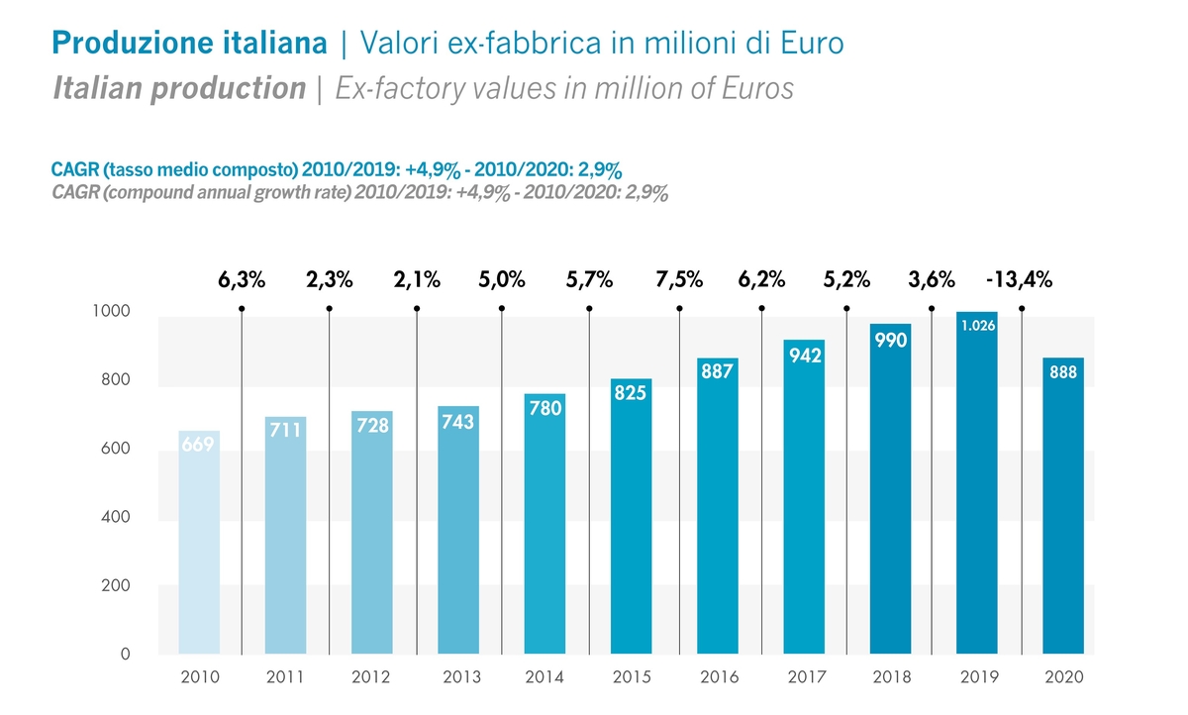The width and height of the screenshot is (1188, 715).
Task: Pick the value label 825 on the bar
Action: [x=631, y=392]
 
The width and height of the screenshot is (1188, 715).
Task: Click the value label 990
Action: [x=891, y=340]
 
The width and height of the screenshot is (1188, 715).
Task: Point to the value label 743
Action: [x=457, y=422]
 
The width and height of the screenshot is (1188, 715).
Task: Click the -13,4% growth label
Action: [x=1019, y=280]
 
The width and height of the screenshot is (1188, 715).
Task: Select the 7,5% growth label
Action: [x=679, y=280]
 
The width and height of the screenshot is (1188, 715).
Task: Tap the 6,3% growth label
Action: [x=242, y=280]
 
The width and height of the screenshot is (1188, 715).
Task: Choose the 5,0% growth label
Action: [x=502, y=280]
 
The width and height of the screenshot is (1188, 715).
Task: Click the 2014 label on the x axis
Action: [x=544, y=677]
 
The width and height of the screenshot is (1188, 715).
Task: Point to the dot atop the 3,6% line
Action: [x=932, y=308]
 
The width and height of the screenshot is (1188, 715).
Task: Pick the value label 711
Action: [x=286, y=431]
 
